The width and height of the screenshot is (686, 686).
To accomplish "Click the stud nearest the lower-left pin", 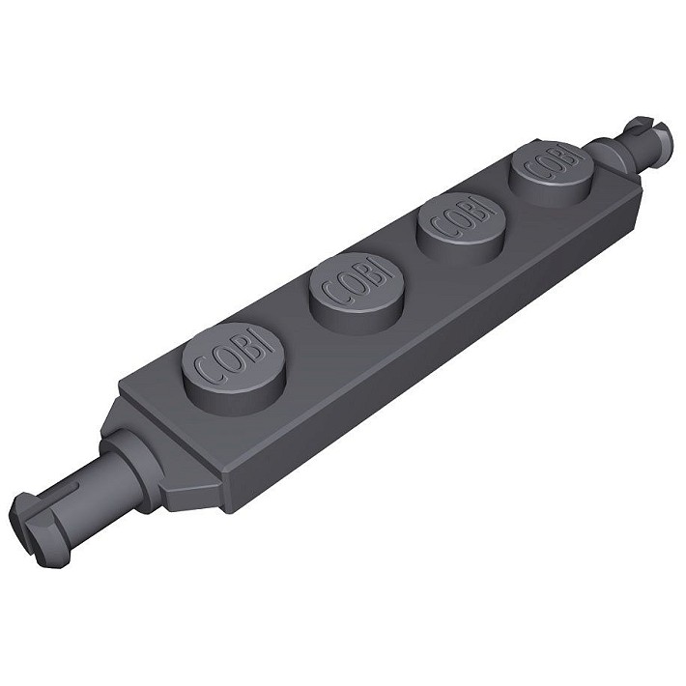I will pos(233,361).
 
